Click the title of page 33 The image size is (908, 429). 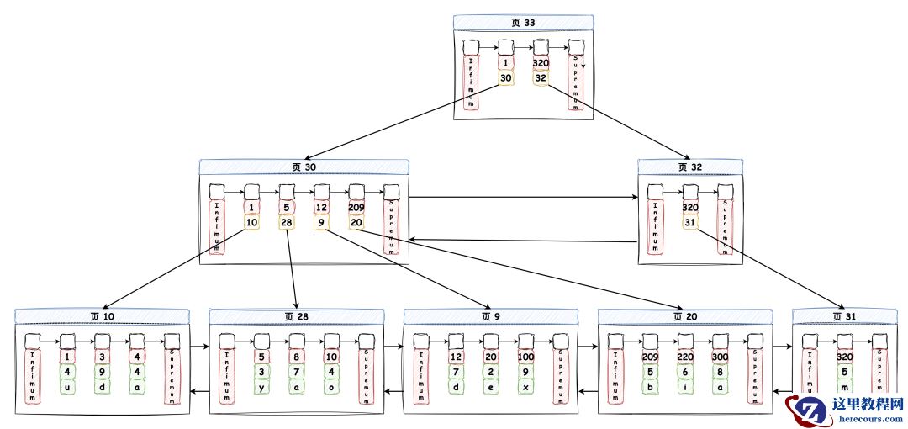(x=523, y=23)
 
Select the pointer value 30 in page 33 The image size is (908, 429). (x=505, y=77)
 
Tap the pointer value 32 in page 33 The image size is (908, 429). (x=541, y=77)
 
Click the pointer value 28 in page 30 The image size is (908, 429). (x=287, y=222)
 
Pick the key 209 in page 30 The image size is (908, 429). (x=356, y=207)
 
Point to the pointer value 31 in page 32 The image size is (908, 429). (x=690, y=222)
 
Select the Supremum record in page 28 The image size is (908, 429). (x=366, y=375)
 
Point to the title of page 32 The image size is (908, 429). (x=690, y=167)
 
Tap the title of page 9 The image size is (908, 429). (x=491, y=316)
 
